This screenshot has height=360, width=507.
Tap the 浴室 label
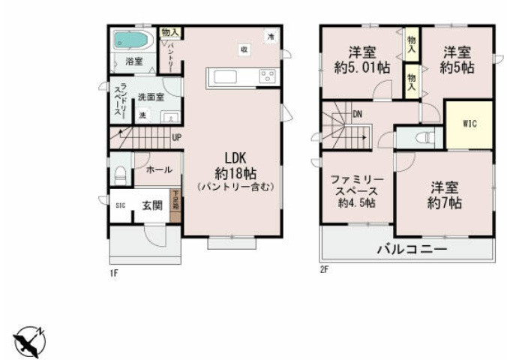pos(134,61)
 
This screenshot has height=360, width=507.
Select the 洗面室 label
pos(149,97)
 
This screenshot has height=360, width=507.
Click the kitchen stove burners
pos(267,76)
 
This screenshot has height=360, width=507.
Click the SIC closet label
pos(120,204)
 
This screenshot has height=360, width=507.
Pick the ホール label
pos(159,169)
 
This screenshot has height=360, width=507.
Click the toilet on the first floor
pos(119,172)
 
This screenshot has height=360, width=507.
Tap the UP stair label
pos(175,137)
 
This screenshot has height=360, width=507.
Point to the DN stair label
pos(358,115)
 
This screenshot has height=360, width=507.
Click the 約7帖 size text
pos(444,202)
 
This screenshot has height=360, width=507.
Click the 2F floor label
pos(324,270)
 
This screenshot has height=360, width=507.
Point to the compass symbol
pos(29,342)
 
